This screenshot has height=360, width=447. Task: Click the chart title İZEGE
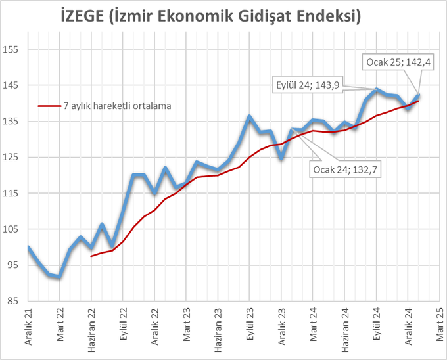coord(223,15)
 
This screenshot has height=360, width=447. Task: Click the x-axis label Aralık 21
coord(28,326)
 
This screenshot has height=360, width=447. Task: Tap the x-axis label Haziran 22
coord(92,328)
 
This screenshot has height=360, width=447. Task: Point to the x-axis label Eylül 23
coord(250,325)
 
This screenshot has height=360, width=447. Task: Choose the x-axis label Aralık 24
coord(408,326)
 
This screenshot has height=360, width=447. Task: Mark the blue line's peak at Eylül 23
coord(250,116)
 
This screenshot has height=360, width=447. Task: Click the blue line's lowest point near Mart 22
coord(60,277)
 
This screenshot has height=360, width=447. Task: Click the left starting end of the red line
coord(91,256)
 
